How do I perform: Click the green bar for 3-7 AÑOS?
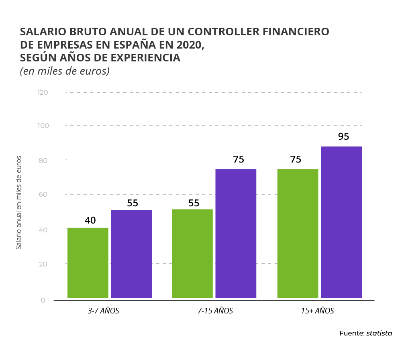pos(88,263)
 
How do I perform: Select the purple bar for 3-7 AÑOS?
pos(131,254)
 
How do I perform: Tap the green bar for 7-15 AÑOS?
pos(192,254)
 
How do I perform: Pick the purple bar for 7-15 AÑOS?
pos(236,233)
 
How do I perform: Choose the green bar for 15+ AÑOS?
pos(298,233)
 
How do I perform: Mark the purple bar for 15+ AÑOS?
pos(341,222)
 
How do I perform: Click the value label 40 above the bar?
pos(90,220)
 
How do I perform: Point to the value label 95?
pos(343,136)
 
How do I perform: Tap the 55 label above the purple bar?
pos(133,203)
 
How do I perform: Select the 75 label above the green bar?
pos(296,159)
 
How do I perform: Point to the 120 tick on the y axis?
pos(43,92)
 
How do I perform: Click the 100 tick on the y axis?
pos(43,126)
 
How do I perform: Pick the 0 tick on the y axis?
pos(43,300)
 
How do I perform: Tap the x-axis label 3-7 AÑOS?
pos(104,311)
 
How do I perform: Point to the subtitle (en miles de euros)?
pos(65,71)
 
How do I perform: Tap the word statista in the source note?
pos(379,333)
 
